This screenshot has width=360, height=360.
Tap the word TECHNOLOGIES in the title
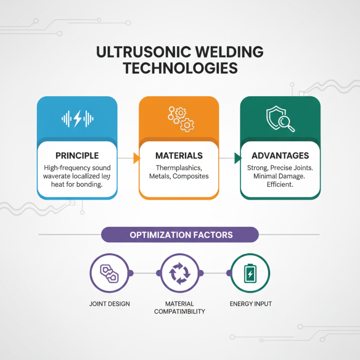(x=180, y=68)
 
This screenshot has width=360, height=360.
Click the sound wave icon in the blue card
(x=77, y=118)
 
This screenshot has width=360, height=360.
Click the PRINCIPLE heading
(x=77, y=156)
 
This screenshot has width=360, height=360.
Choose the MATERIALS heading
(x=179, y=156)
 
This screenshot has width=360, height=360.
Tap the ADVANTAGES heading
(x=280, y=156)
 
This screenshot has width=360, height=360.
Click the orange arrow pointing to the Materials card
(x=135, y=157)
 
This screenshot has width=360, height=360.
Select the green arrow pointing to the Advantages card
(x=237, y=157)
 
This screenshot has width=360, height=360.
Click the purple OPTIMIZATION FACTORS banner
(x=180, y=235)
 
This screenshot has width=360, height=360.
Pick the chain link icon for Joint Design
(x=109, y=273)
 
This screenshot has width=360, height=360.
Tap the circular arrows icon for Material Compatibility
(x=180, y=273)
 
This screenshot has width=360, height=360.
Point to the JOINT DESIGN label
(x=109, y=304)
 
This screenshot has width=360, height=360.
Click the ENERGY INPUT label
(x=251, y=304)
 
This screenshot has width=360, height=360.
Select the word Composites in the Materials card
(x=191, y=176)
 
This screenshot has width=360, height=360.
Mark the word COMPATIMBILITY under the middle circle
(x=180, y=311)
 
